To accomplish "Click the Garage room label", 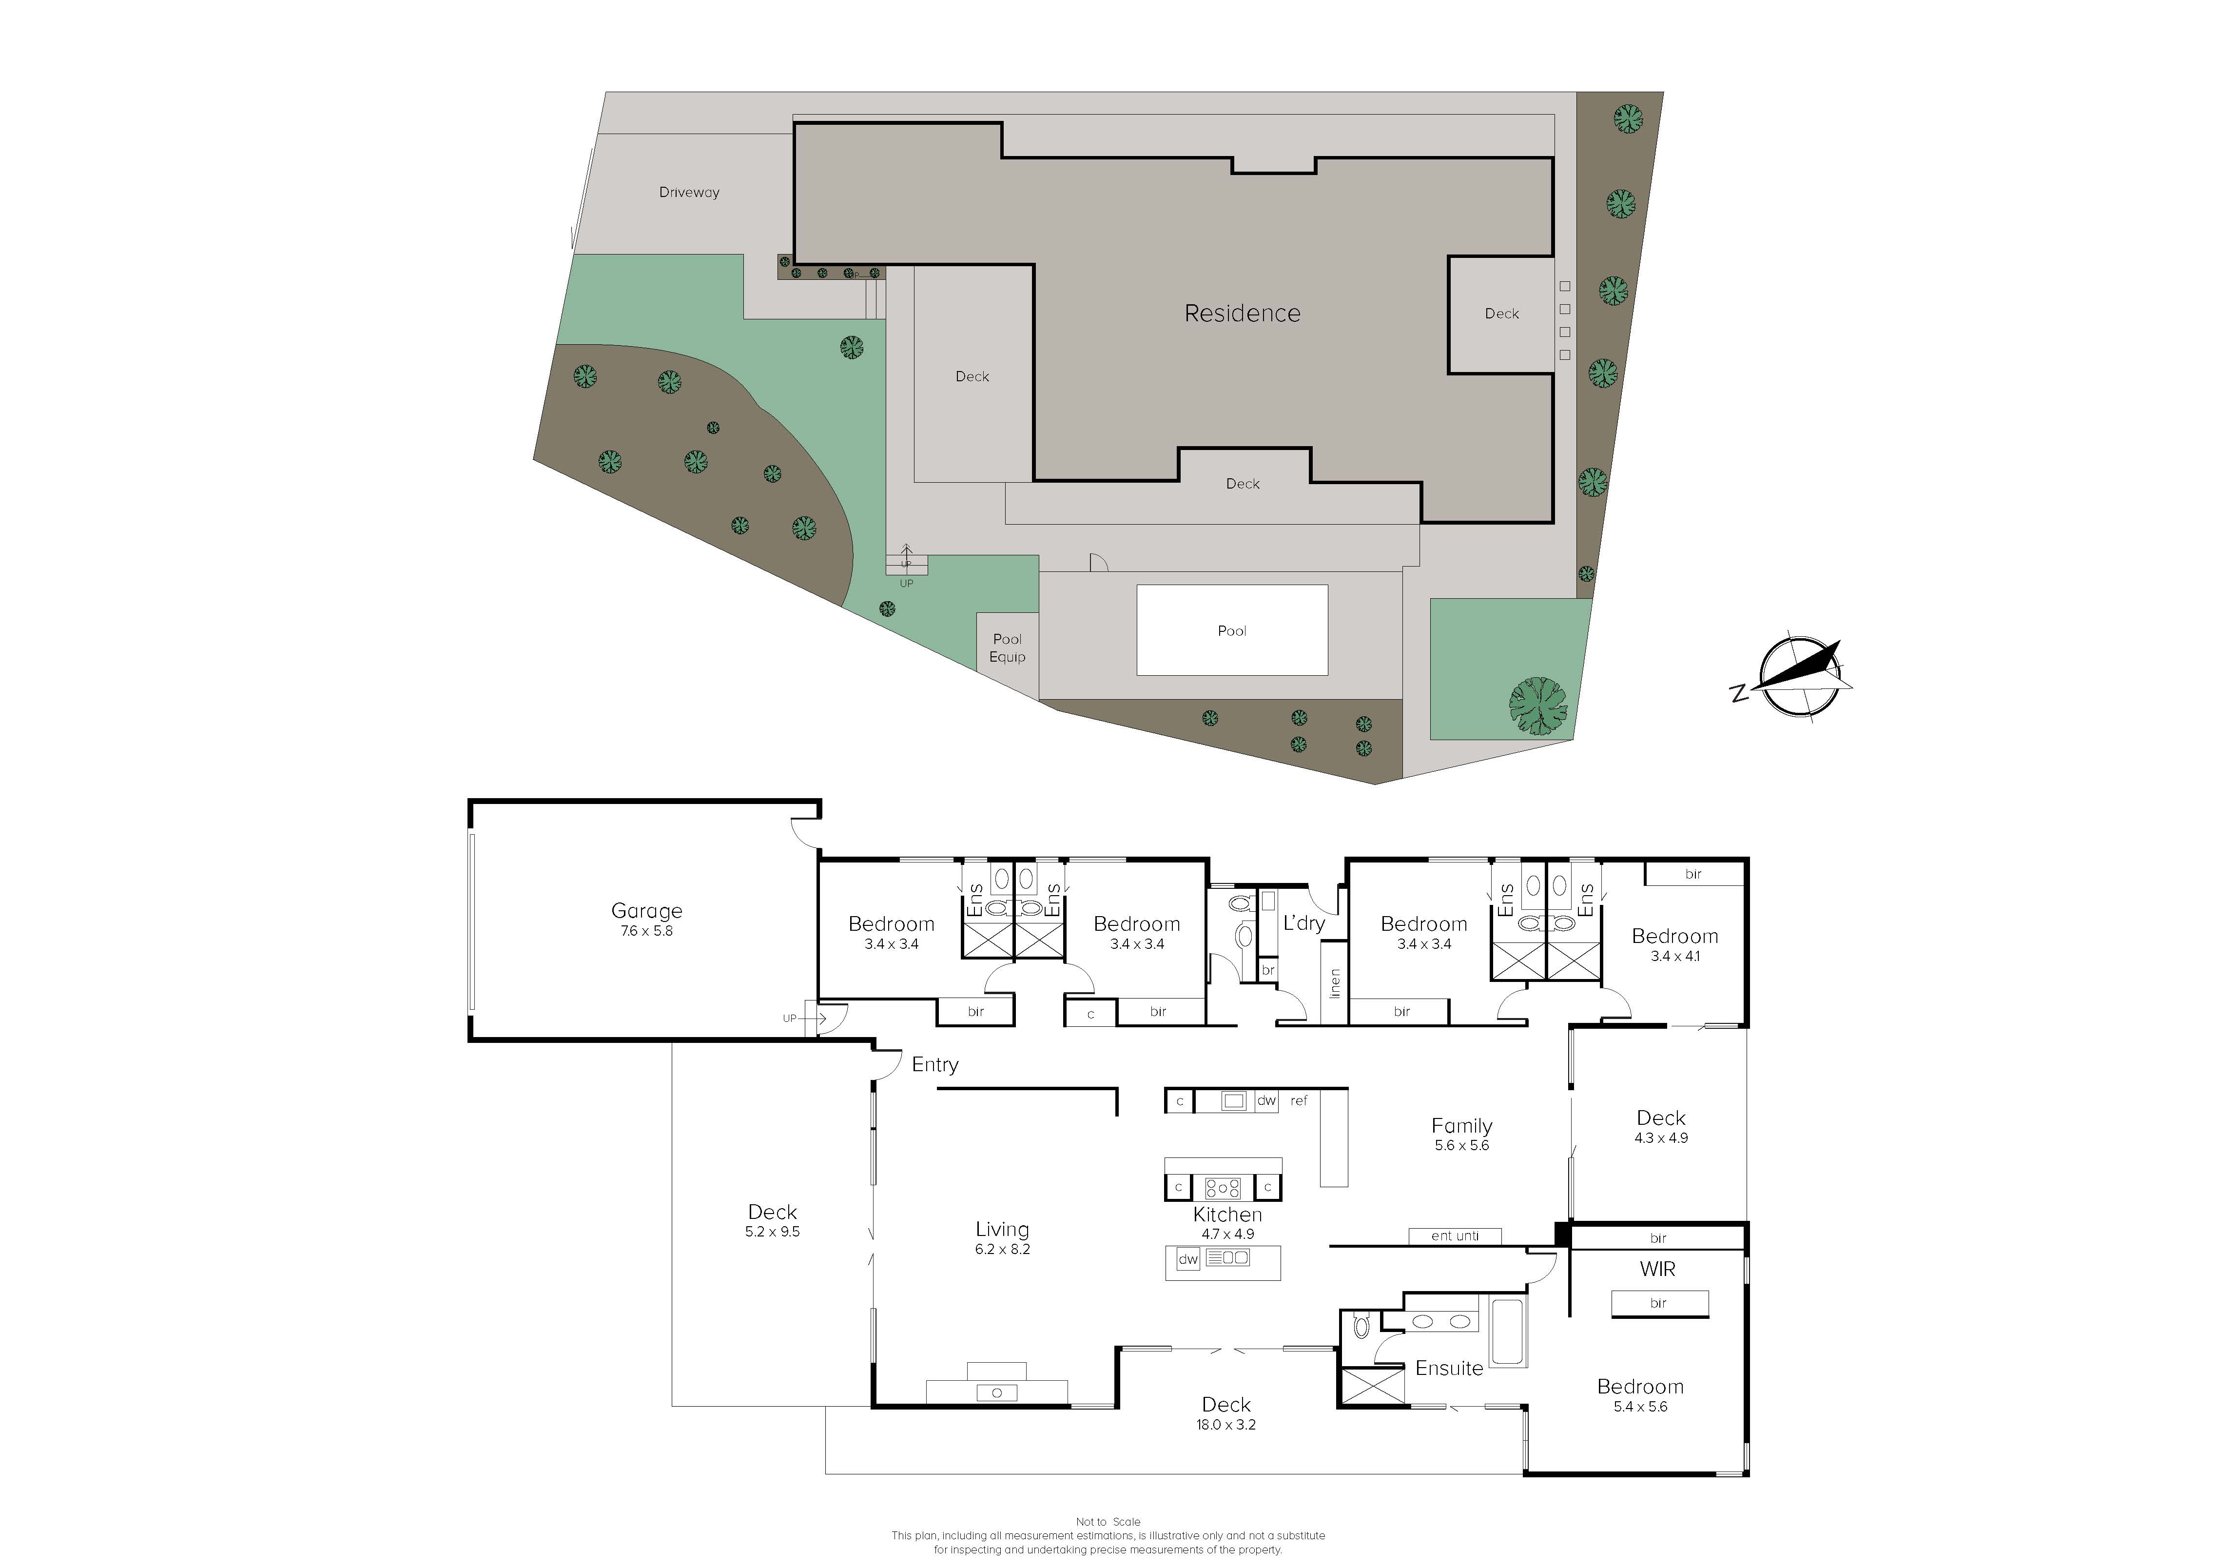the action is coord(647,919).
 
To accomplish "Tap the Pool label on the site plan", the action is coord(1232,630).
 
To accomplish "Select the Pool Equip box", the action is coord(1007,656).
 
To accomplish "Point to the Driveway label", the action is coord(689,192).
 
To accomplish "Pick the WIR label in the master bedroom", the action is coord(1658,1269).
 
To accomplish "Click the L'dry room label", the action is coord(1303,923).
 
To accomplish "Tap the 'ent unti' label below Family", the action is coord(1455,1236).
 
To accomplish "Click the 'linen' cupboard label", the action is coord(1335,983).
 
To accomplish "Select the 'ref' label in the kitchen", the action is coord(1299,1101).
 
